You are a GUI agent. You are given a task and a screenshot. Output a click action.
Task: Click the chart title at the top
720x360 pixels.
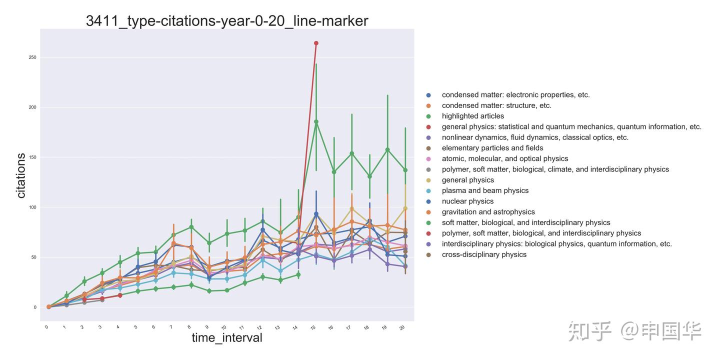[x=227, y=20]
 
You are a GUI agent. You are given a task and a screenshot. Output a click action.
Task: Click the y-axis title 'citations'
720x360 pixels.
[x=21, y=175]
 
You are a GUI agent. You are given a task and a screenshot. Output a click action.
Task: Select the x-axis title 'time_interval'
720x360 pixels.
[x=227, y=337]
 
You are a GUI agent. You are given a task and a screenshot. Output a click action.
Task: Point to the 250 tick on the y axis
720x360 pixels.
[x=32, y=57]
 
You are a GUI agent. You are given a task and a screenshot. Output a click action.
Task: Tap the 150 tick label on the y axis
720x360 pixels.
[x=32, y=157]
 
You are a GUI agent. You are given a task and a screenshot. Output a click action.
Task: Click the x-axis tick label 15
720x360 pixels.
[x=313, y=327]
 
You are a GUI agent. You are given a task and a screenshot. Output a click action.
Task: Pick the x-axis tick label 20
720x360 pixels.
[x=402, y=327]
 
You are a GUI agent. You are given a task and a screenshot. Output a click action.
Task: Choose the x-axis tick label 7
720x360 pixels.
[x=171, y=327]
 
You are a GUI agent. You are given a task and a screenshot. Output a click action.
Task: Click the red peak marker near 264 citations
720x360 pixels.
[x=316, y=43]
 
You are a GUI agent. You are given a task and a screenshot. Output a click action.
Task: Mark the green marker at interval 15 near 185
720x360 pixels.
[x=316, y=121]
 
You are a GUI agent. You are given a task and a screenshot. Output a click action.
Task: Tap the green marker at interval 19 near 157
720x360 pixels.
[x=387, y=149]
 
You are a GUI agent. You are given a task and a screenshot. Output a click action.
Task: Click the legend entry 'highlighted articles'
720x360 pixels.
[x=472, y=116]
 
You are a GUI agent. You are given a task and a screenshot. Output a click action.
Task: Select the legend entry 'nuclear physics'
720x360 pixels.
[x=467, y=201]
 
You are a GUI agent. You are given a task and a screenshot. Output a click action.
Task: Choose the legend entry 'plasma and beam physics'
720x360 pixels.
[x=485, y=190]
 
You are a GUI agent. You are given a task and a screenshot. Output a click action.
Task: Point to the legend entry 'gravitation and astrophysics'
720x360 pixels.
[x=488, y=212]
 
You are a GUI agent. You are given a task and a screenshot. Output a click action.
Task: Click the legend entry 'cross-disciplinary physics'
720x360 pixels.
[x=484, y=254]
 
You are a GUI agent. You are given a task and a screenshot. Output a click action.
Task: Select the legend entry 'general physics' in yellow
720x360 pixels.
[x=467, y=180]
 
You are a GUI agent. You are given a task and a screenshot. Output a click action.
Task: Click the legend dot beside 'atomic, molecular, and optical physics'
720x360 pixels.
[x=428, y=159]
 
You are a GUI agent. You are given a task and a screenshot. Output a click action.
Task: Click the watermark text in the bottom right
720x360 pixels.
[x=634, y=331]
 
